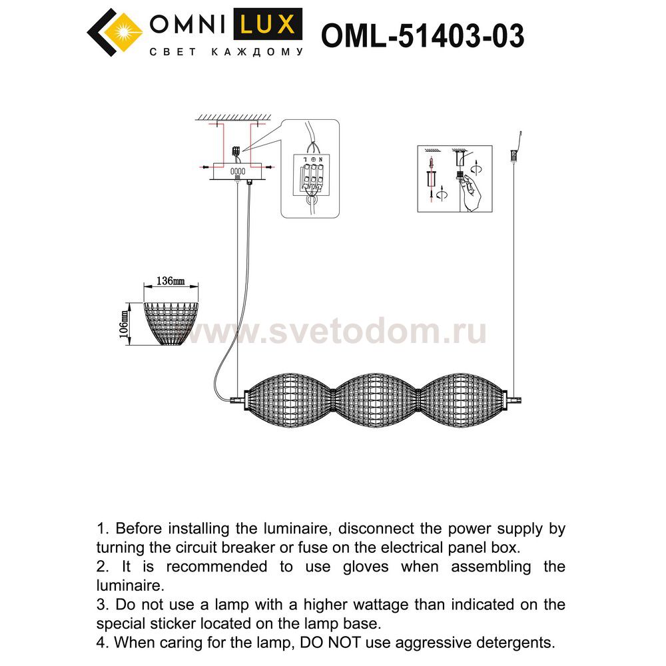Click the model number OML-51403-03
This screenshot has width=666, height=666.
[x=422, y=36]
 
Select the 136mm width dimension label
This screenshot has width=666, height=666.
[x=170, y=281]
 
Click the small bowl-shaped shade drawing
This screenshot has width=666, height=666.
[x=172, y=323]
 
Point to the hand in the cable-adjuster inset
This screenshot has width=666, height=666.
[x=472, y=192]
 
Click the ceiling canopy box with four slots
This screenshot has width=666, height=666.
[x=238, y=171]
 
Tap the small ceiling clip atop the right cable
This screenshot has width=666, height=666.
[x=513, y=155]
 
